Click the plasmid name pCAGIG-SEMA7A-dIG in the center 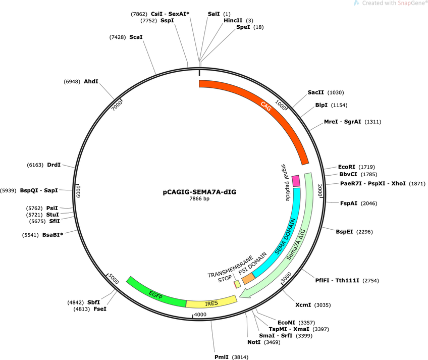point(199,192)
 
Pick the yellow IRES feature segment point(211,302)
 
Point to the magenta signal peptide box point(296,181)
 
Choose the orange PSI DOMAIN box point(249,279)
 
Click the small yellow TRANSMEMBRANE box point(238,284)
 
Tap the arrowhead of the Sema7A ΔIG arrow point(244,294)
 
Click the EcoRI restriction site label point(346,167)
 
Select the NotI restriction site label point(254,342)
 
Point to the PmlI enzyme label point(222,357)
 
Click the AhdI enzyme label point(91,81)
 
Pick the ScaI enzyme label point(136,37)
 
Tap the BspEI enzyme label point(344,232)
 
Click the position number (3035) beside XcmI point(323,305)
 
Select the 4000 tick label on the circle point(200,315)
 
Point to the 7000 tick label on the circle point(117,105)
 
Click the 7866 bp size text point(199,198)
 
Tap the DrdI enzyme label point(54,165)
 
